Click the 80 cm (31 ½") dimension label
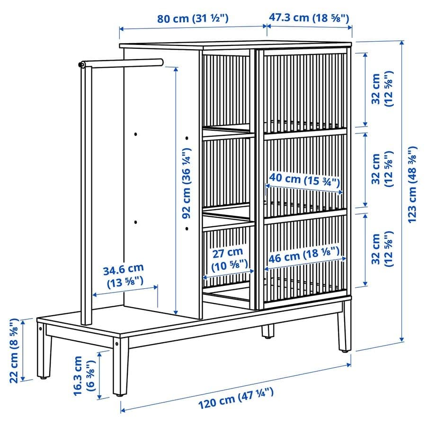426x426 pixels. (193, 19)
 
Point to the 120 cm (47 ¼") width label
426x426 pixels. (236, 398)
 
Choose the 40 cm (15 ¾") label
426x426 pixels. (304, 179)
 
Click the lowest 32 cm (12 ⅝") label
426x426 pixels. (382, 249)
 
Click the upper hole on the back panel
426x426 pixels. (135, 134)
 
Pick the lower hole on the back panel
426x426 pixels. (135, 222)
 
